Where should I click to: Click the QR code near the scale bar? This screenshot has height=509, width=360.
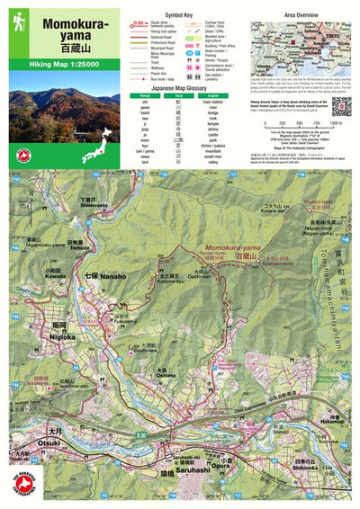click(x=340, y=106)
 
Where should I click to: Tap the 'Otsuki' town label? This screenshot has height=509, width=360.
click(x=49, y=443)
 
